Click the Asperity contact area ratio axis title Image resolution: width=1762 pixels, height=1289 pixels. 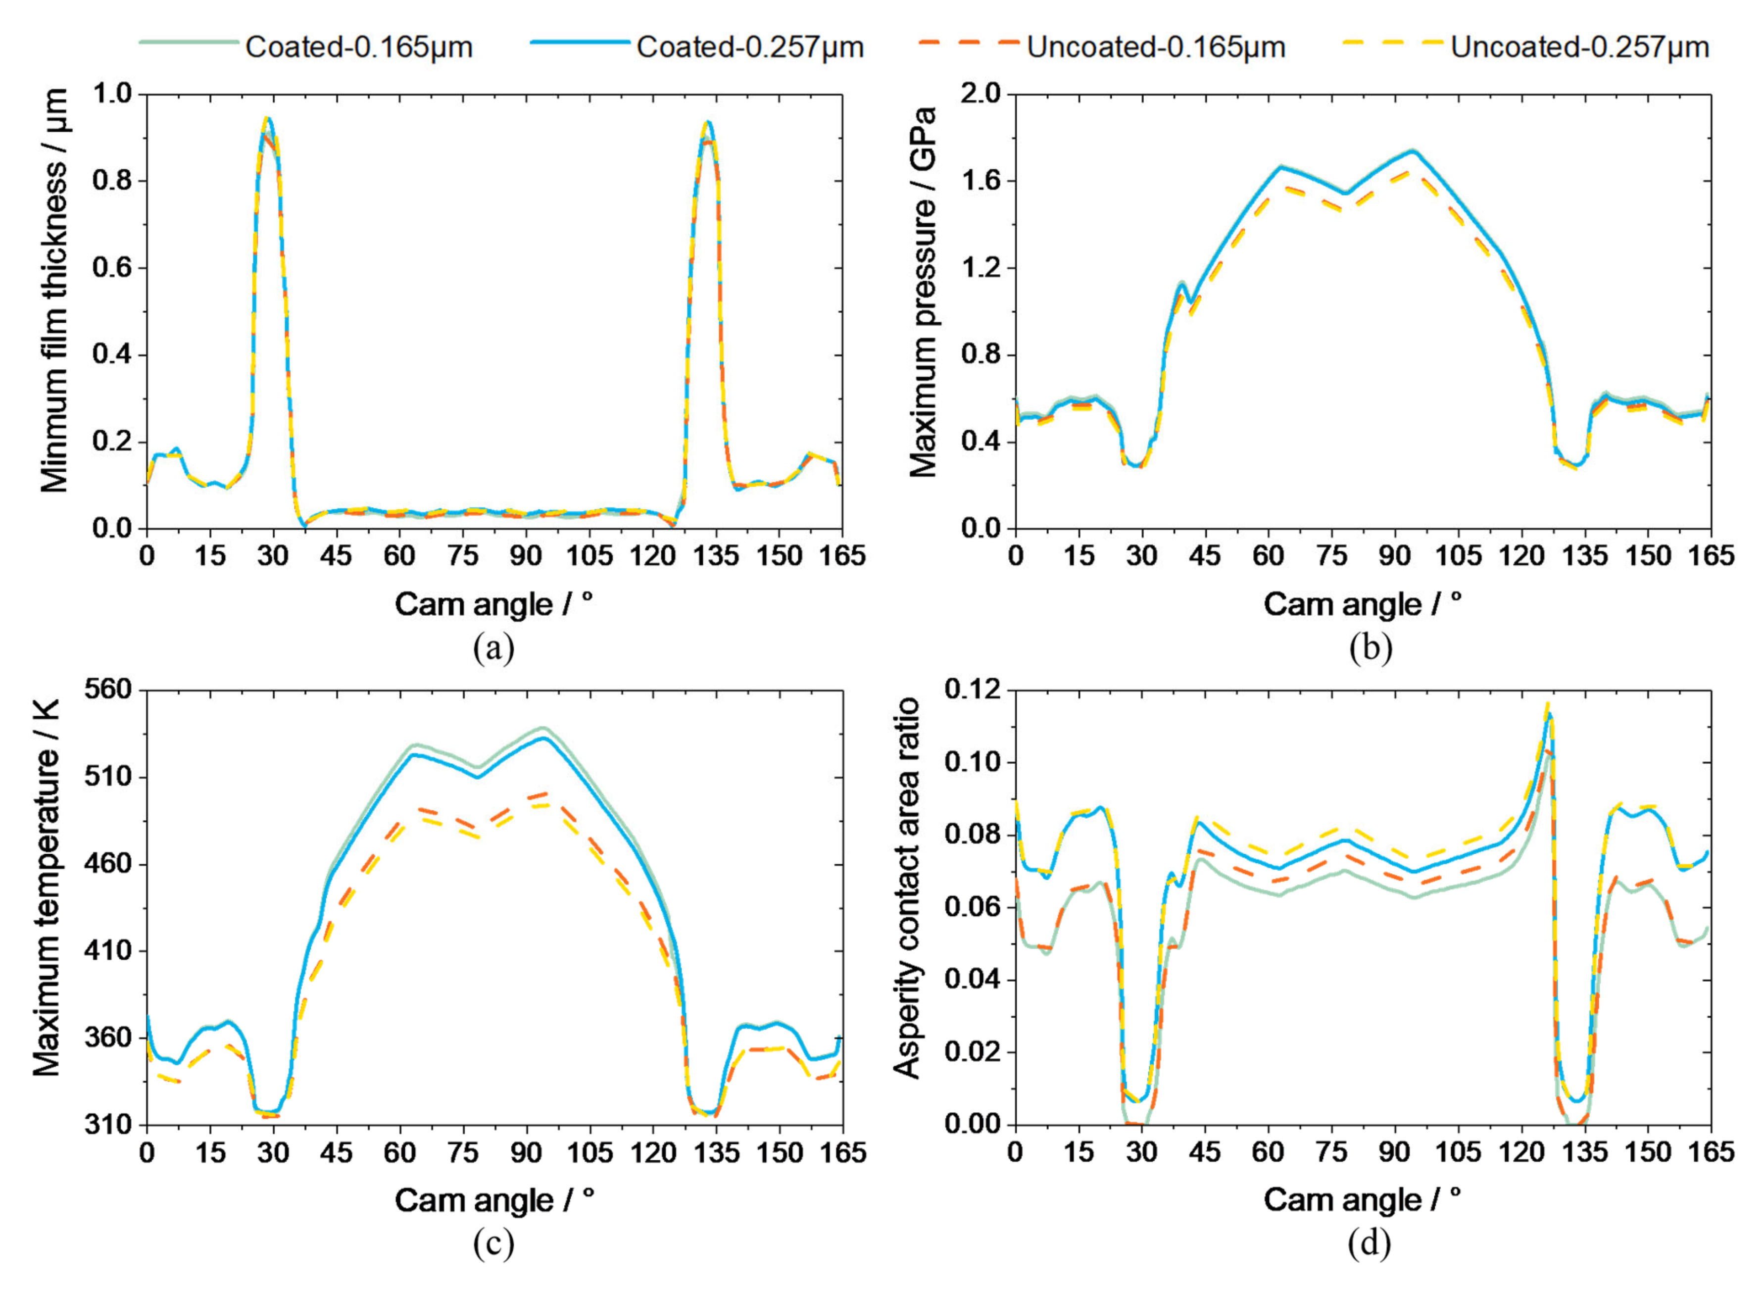[x=907, y=888]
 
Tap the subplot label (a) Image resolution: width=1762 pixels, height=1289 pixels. [x=494, y=648]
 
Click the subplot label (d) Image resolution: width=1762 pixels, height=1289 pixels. [x=1369, y=1244]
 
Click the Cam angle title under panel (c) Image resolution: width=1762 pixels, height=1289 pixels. [x=494, y=1200]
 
